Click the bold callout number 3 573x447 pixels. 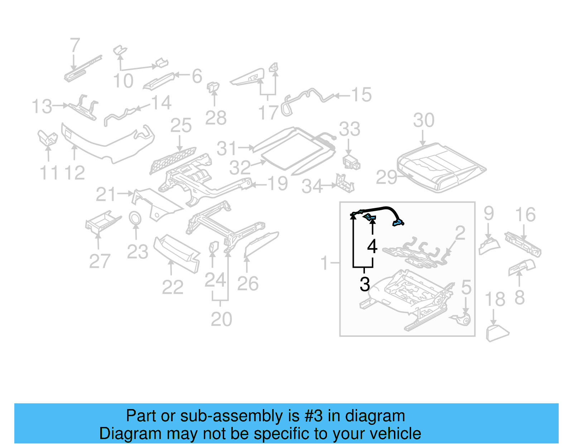point(365,285)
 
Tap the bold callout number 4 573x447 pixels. point(372,246)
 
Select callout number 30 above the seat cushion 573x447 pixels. point(424,120)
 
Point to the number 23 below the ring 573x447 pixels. point(138,252)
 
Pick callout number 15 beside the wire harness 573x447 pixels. point(361,95)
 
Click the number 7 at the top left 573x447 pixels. point(74,46)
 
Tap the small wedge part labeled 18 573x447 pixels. point(496,333)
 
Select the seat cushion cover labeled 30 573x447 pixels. point(440,166)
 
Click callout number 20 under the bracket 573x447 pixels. point(221,319)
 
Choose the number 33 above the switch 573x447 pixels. point(350,129)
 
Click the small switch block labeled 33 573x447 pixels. point(351,162)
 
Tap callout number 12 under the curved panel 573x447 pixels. point(74,173)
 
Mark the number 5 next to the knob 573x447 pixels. point(466,287)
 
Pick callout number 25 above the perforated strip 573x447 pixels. point(181,126)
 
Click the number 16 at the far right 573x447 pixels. point(525,215)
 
